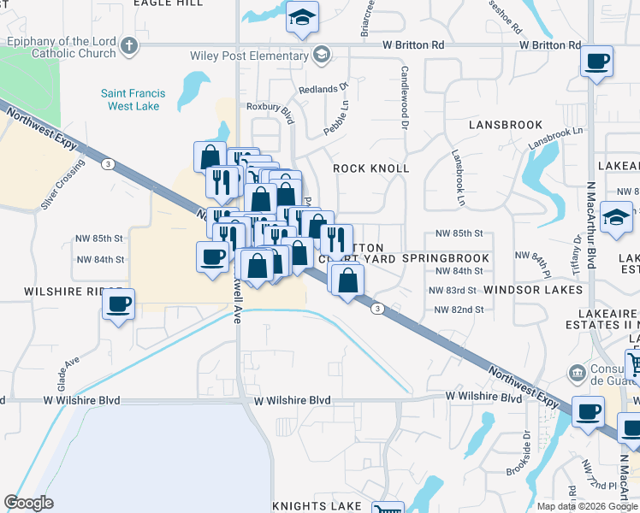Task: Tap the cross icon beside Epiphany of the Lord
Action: (x=129, y=46)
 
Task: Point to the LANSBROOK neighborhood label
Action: (x=506, y=125)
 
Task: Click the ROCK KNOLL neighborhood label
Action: (x=370, y=168)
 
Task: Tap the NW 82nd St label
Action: (x=459, y=310)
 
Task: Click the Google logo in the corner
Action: (x=29, y=503)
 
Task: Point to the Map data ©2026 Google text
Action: (x=587, y=506)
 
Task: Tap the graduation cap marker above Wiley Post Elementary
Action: (x=301, y=19)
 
